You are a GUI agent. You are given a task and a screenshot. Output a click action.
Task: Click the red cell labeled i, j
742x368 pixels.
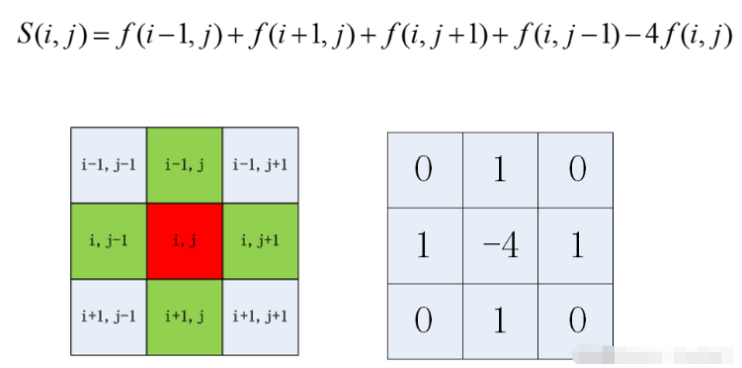point(184,241)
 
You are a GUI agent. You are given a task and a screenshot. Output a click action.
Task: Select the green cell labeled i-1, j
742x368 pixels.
point(184,165)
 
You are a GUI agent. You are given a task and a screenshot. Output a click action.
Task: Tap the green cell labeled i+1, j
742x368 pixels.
point(184,317)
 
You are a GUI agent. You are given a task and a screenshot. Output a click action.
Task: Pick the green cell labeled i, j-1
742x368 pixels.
point(109,241)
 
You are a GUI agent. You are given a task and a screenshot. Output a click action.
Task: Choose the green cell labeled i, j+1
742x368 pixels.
point(260,241)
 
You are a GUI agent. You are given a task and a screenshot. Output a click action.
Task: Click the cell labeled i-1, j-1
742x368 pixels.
point(109,165)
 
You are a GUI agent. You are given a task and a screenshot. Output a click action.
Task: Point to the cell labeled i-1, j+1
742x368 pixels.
point(260,165)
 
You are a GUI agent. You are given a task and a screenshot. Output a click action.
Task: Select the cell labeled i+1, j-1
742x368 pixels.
point(109,317)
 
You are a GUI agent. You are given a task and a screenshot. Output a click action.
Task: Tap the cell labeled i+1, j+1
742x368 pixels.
point(260,317)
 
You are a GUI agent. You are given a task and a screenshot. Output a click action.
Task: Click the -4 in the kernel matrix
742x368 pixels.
point(500,245)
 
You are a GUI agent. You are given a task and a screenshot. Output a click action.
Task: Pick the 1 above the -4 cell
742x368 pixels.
point(500,169)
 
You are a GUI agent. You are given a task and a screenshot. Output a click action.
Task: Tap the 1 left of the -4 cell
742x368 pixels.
point(424,245)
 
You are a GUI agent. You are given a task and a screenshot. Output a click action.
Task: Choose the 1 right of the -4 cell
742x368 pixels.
point(577,245)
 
